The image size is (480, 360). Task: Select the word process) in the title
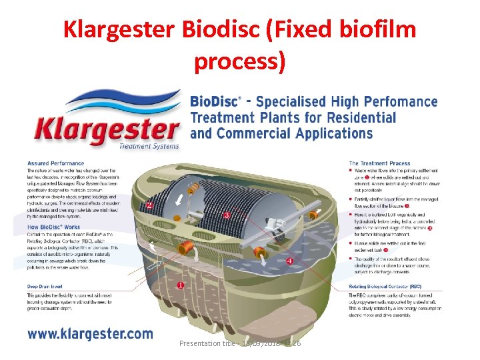240,61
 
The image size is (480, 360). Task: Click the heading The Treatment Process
380,163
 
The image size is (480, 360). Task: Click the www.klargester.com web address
90,334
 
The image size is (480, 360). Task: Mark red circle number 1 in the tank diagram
180,285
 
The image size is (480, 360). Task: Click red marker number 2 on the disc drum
149,205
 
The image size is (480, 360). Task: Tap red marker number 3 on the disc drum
227,215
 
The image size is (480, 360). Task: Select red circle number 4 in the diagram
290,261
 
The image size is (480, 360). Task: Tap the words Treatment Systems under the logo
149,146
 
